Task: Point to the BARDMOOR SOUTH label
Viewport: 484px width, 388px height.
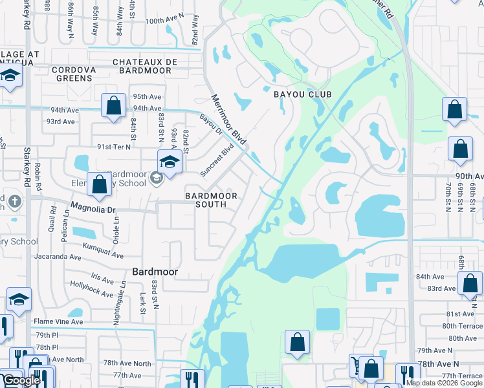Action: coord(211,200)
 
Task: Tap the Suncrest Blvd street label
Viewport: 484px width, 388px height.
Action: coord(217,160)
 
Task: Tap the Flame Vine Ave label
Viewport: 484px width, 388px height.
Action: coord(59,321)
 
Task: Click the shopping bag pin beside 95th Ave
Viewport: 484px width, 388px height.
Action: coord(113,106)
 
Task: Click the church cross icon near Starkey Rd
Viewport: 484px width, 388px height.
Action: coord(14,202)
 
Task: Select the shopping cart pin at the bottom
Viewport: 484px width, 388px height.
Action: coord(358,365)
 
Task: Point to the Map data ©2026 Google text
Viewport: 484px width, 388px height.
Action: coord(444,383)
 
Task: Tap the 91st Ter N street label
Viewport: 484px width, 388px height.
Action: coord(113,147)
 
